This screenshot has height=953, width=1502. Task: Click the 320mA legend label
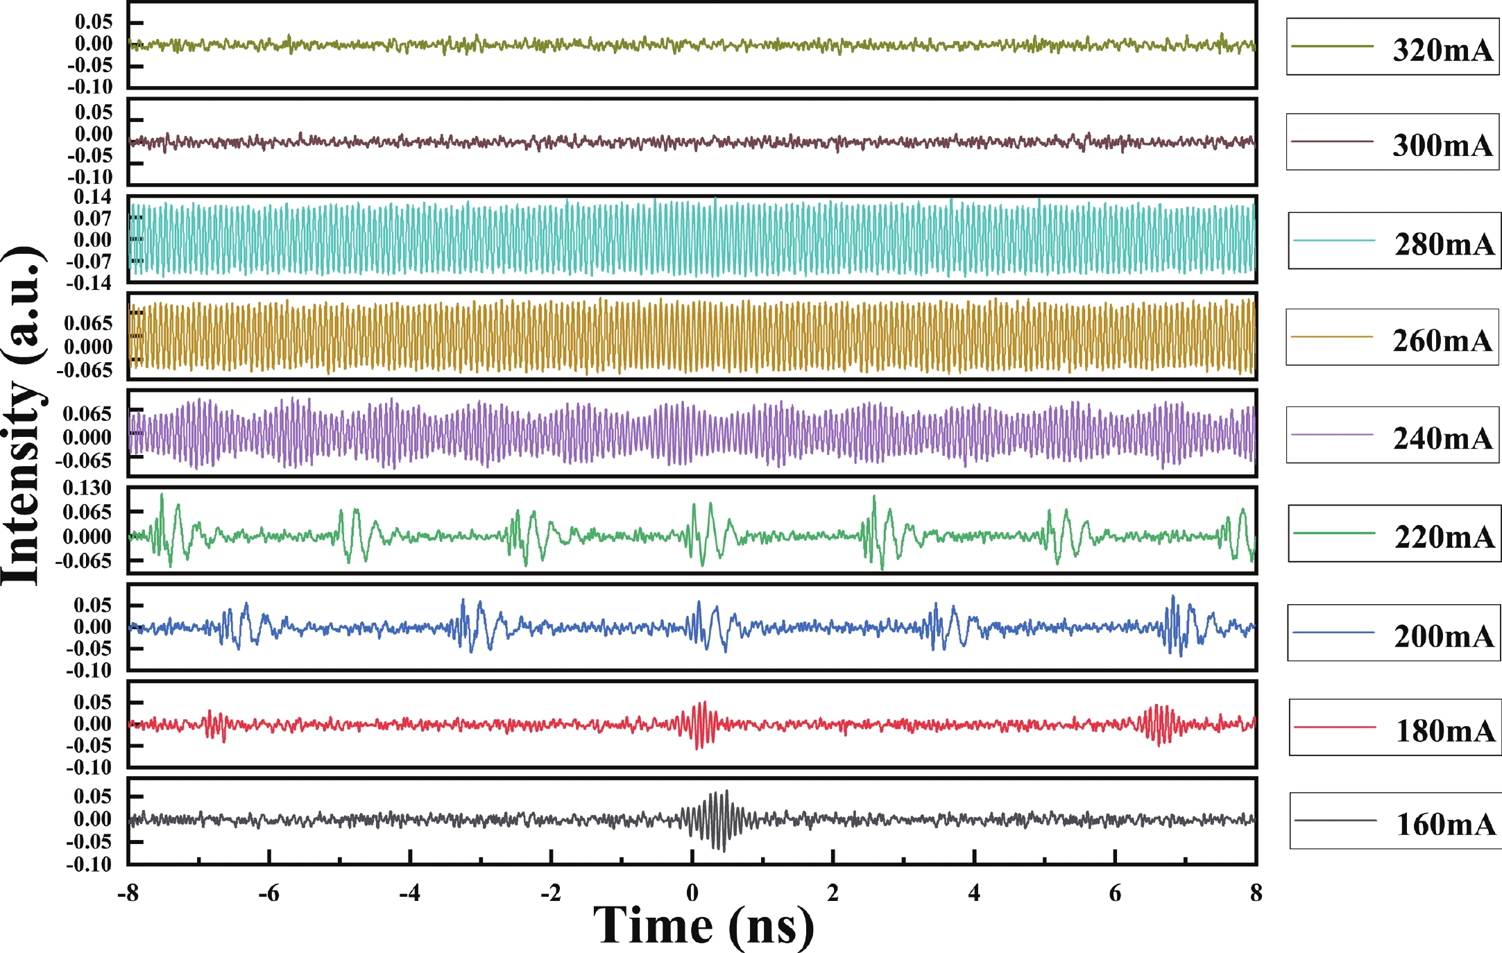point(1442,50)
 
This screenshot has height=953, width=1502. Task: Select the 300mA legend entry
point(1442,145)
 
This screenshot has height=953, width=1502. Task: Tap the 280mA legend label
point(1444,244)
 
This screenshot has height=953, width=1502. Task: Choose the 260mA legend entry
point(1442,341)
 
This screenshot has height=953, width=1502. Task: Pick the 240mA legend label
point(1443,438)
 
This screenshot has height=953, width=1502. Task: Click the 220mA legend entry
point(1444,537)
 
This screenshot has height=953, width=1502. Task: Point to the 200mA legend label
point(1444,636)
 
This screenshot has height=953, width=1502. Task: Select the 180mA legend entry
point(1445,730)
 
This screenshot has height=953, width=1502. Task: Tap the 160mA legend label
point(1446,824)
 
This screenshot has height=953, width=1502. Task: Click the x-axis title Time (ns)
point(703,925)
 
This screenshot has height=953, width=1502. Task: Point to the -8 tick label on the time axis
point(128,893)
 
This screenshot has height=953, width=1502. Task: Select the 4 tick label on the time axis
point(974,893)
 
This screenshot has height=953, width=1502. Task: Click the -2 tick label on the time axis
point(550,893)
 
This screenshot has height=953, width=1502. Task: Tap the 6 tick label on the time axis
point(1115,893)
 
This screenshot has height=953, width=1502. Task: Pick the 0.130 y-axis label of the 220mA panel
point(87,488)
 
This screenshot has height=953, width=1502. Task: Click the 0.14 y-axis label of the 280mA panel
point(92,197)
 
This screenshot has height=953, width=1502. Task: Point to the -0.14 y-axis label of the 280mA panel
point(89,283)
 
